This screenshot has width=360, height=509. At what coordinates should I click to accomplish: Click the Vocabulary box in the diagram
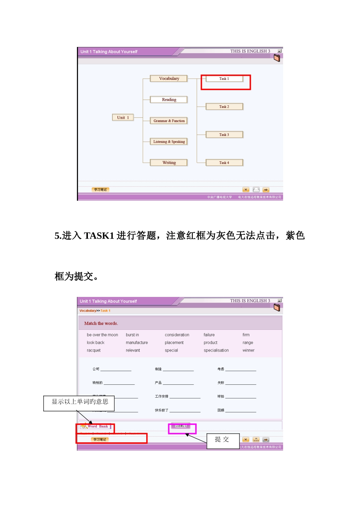click(x=169, y=79)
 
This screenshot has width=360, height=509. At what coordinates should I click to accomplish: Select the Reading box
click(x=169, y=100)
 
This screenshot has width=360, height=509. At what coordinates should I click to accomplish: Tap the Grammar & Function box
click(x=169, y=121)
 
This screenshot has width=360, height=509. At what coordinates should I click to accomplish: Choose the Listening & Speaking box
click(x=169, y=142)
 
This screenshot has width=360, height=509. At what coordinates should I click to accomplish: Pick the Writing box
click(x=169, y=163)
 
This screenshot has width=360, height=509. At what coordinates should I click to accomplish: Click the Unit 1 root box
click(x=123, y=118)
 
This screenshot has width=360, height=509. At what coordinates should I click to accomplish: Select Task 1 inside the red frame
click(x=224, y=79)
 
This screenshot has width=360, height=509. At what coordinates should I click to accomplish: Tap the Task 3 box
click(x=224, y=135)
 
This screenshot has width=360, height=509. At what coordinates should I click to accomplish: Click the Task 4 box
click(x=224, y=163)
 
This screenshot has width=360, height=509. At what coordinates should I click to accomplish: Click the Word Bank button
click(x=96, y=426)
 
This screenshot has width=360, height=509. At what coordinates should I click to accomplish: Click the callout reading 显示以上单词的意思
click(x=80, y=402)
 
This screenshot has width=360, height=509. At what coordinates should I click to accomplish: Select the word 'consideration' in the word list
click(x=177, y=335)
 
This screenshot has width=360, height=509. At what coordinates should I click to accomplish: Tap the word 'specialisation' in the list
click(x=216, y=350)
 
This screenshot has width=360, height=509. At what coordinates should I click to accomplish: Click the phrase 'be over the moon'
click(x=102, y=335)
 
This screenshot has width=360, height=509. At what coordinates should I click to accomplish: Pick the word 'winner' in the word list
click(x=248, y=350)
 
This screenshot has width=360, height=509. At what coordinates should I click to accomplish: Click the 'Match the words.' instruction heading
click(x=101, y=323)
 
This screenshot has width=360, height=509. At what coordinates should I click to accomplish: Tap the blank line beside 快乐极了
click(x=185, y=411)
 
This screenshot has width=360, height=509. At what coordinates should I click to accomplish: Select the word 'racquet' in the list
click(x=94, y=350)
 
